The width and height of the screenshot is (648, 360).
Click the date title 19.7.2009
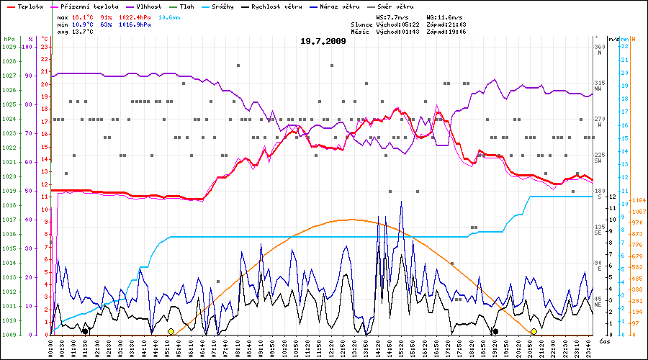323,41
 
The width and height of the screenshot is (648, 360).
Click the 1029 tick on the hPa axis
9,47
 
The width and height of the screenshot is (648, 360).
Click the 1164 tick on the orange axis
637,200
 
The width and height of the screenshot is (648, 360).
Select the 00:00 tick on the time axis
52,347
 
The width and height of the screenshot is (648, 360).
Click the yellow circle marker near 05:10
171,331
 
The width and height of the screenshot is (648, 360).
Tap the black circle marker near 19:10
495,331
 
